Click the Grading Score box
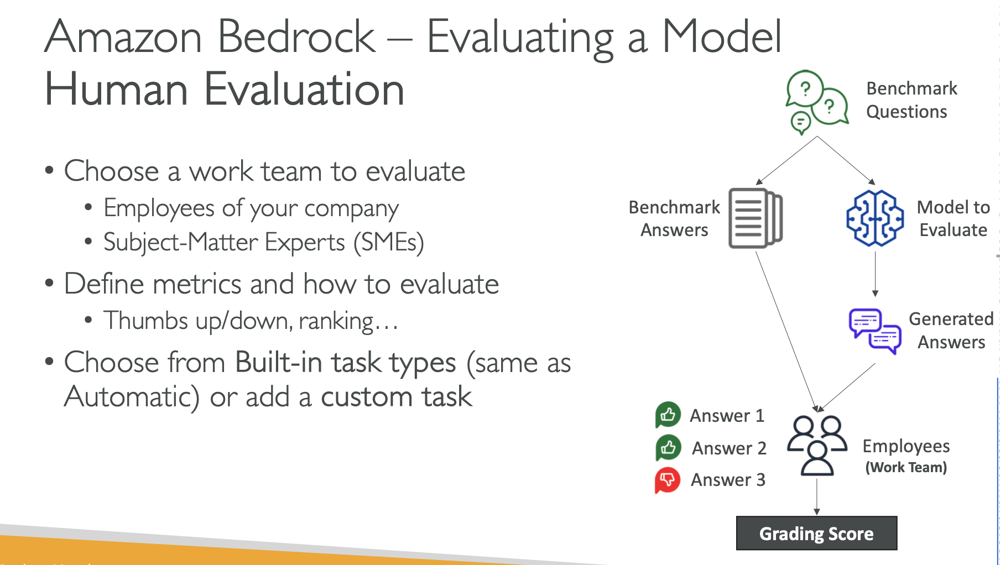pyautogui.click(x=816, y=533)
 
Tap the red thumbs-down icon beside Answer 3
pyautogui.click(x=668, y=480)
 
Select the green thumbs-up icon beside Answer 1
pyautogui.click(x=668, y=415)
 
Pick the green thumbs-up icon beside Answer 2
pyautogui.click(x=668, y=447)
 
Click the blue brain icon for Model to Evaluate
pyautogui.click(x=875, y=218)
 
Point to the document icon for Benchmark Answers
pyautogui.click(x=756, y=218)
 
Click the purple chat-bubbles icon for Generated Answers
pyautogui.click(x=875, y=331)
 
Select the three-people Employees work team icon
pyautogui.click(x=817, y=446)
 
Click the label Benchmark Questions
pyautogui.click(x=912, y=100)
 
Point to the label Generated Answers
pyautogui.click(x=951, y=331)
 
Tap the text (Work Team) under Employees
pyautogui.click(x=906, y=468)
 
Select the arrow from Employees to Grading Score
pyautogui.click(x=817, y=497)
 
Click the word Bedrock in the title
pyautogui.click(x=296, y=36)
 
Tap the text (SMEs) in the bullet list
pyautogui.click(x=389, y=243)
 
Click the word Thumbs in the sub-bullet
pyautogui.click(x=146, y=321)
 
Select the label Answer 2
pyautogui.click(x=729, y=448)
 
